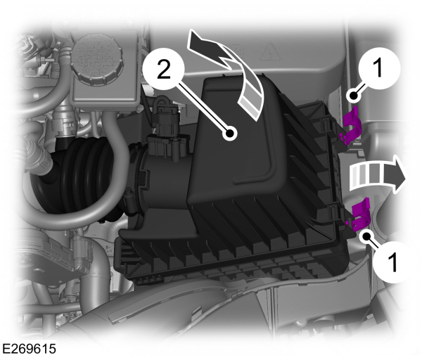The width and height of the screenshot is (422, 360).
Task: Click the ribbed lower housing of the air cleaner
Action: click(x=232, y=246)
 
